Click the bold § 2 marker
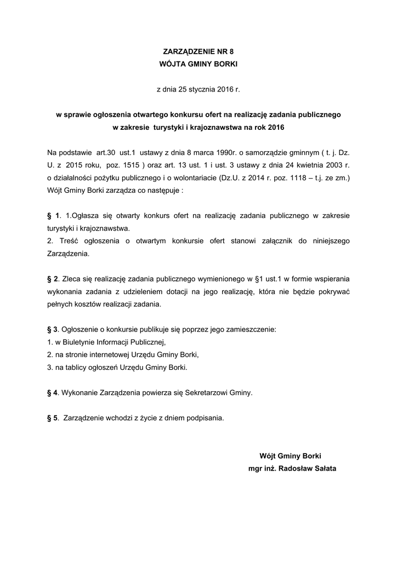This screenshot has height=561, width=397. (53, 279)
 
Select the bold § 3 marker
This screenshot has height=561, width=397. (53, 330)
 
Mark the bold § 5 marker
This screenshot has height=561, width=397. (53, 418)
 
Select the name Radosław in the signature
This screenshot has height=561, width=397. (296, 468)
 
